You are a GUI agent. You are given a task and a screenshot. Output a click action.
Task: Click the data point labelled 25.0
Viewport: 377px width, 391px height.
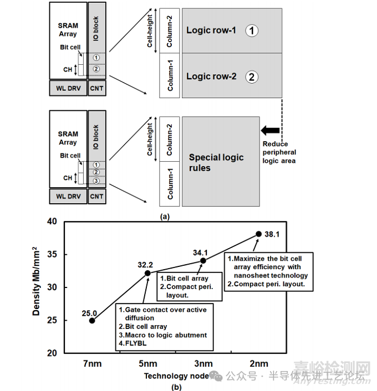(92, 320)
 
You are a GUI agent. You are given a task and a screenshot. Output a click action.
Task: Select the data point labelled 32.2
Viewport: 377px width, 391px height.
(148, 272)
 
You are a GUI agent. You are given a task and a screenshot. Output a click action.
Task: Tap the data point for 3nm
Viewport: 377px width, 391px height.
(203, 260)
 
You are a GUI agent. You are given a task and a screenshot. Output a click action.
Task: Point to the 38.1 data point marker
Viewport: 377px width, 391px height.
(258, 234)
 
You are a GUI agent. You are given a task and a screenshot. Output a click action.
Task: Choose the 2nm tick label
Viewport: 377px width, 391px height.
(258, 364)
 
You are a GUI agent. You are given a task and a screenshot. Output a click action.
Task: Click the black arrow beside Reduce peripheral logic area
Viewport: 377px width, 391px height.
(271, 131)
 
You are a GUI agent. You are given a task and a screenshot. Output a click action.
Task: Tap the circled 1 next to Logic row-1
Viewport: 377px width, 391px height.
(252, 30)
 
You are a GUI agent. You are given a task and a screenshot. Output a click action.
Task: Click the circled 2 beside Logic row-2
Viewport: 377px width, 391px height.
(252, 77)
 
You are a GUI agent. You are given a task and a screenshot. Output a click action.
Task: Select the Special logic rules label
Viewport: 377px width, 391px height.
(216, 163)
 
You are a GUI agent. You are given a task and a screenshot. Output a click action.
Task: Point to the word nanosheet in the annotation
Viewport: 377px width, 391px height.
(257, 276)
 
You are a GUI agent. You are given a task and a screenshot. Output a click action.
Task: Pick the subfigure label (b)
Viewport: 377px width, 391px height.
(176, 387)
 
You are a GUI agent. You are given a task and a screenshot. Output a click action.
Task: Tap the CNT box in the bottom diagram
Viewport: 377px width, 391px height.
(96, 196)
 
